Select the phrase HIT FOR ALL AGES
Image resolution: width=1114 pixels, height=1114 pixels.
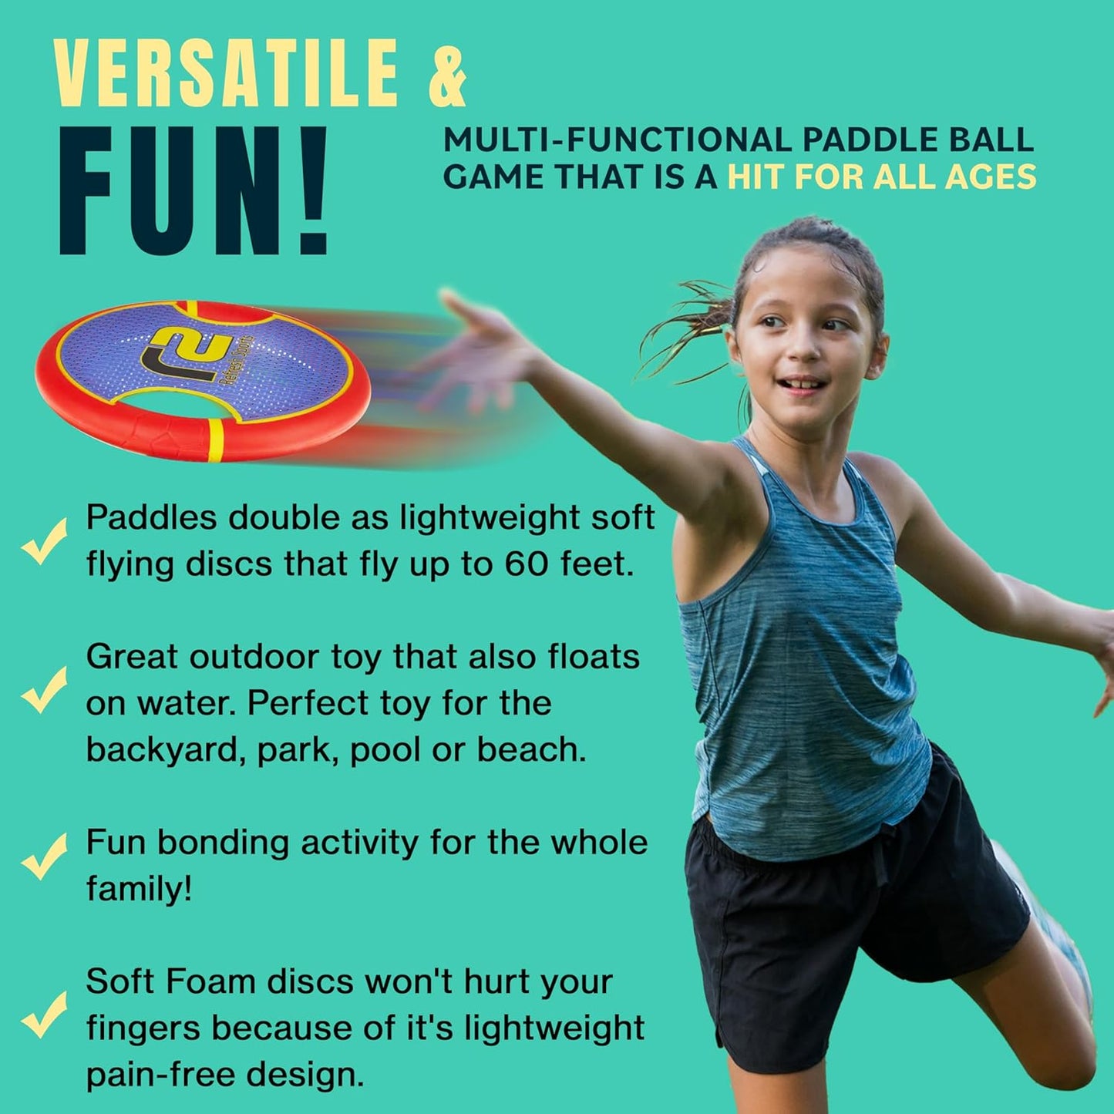882,177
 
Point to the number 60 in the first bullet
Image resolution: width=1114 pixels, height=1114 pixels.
527,564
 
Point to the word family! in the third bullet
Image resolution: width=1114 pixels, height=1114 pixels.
139,889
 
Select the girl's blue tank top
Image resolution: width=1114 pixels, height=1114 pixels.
802,655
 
